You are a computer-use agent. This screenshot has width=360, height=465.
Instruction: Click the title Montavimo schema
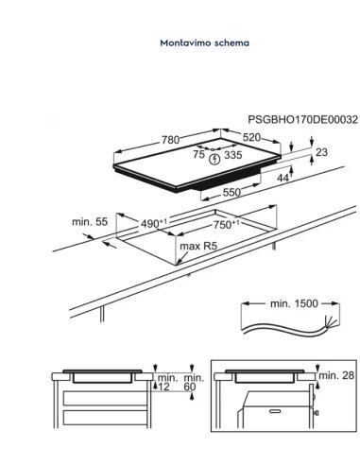coord(204,43)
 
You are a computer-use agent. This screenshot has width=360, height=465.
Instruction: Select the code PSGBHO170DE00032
coord(303,120)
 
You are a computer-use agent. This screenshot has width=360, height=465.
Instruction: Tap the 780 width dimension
coord(170,140)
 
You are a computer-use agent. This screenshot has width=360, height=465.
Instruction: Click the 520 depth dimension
coord(251,137)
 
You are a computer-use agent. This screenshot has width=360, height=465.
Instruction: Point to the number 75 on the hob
coord(199,154)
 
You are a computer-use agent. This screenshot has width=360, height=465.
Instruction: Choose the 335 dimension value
coord(233,155)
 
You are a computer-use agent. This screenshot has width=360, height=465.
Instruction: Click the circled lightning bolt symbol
coord(214,159)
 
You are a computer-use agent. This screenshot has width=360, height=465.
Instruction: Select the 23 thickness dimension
coord(321,152)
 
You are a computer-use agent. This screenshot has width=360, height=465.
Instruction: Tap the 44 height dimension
coord(283,178)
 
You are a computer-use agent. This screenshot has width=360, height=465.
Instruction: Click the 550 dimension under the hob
coord(231,192)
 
